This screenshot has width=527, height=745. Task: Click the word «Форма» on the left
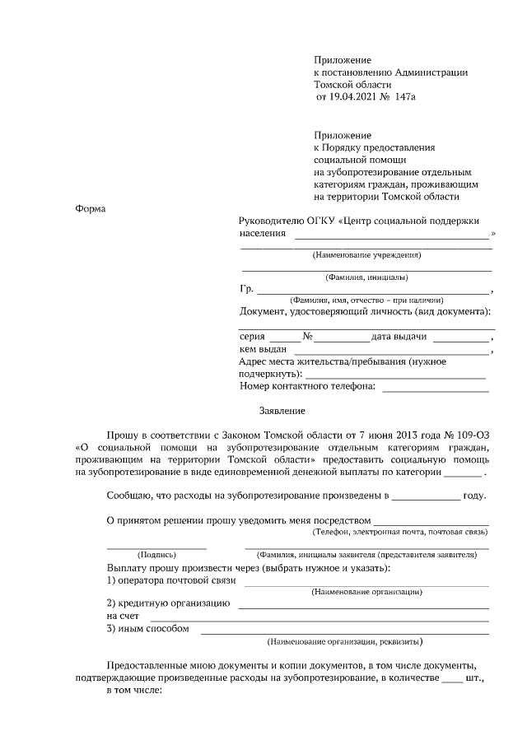90,208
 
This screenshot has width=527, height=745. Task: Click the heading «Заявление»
282,410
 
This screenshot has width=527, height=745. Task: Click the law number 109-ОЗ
470,435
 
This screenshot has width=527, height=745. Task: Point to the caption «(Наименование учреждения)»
366,257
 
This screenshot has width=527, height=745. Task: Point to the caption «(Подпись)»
156,555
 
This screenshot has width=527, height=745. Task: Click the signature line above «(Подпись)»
156,547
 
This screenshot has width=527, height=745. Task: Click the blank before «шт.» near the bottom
452,683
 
